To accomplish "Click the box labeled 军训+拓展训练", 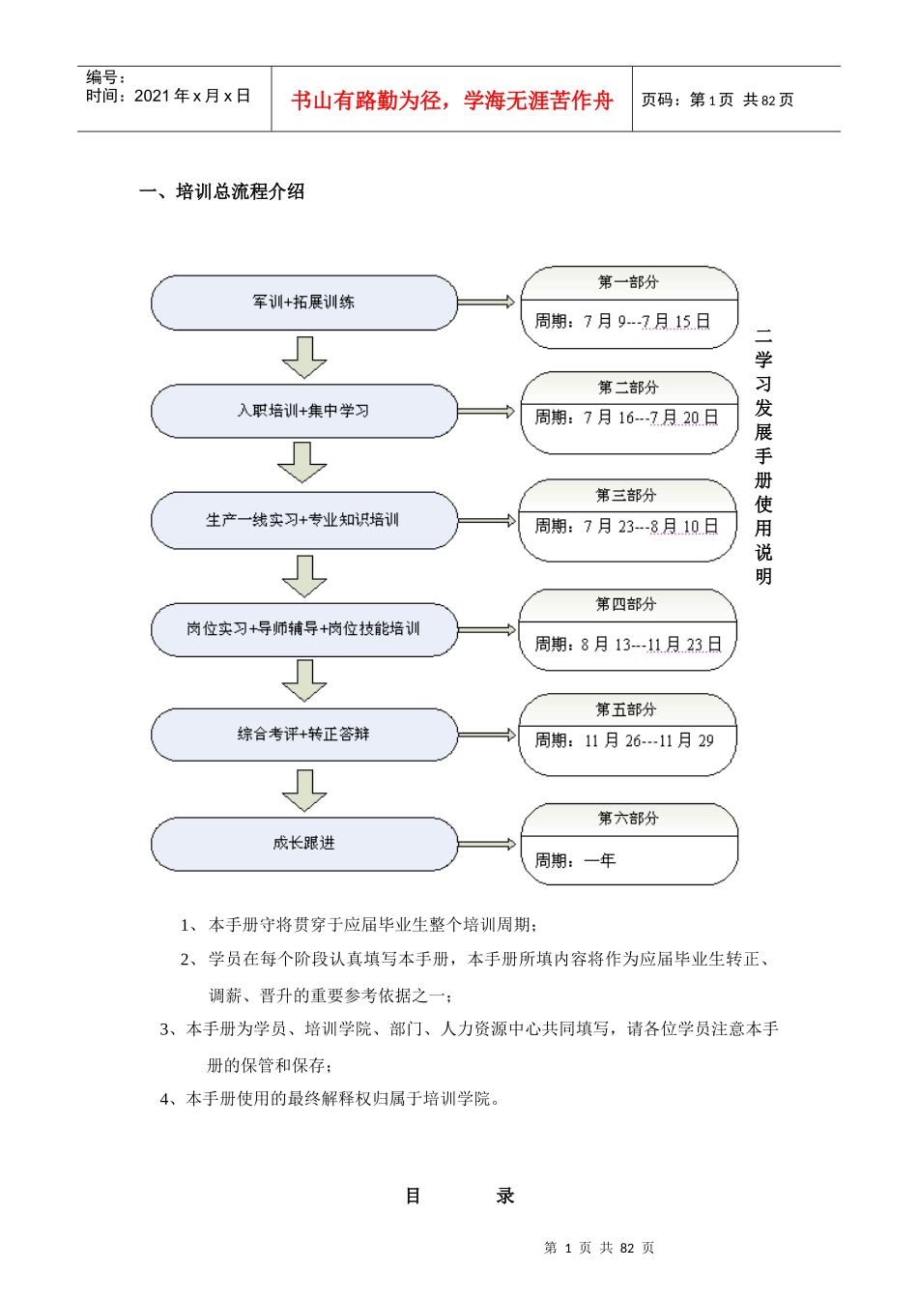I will coord(303,303).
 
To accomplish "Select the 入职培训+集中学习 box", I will coord(303,411).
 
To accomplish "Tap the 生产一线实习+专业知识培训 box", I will coord(303,520).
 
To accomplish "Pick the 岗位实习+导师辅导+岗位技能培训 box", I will coord(303,629).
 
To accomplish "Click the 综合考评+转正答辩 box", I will coord(303,735).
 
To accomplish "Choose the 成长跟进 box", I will coord(303,844).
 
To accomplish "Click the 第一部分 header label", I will coord(628,282).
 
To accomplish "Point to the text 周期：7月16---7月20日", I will coord(627,418).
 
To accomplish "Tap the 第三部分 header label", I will coord(626,496).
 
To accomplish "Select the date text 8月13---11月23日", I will coord(651,645).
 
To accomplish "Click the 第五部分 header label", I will coord(626,709).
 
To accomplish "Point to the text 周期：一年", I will coord(575,860).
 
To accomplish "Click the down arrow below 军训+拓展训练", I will coord(304,357).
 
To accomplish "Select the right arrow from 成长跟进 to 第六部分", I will coord(487,845).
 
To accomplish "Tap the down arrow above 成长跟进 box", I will coord(304,790).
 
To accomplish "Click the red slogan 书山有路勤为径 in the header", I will coord(452,101).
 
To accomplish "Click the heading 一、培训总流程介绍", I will coord(222,191).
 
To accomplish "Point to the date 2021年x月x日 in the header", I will coord(192,96).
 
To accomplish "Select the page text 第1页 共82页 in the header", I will coord(741,100).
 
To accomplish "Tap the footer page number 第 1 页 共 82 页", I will coord(599,1248).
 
